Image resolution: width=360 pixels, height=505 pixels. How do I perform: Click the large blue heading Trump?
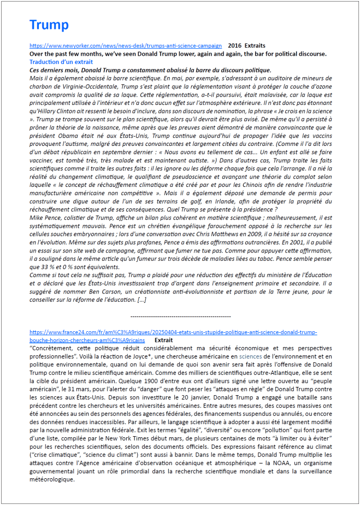tap(49, 25)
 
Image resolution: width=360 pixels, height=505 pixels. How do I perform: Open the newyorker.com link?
tap(126, 46)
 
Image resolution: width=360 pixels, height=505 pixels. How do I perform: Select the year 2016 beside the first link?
tap(234, 46)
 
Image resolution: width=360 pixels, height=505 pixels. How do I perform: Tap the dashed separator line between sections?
tap(181, 316)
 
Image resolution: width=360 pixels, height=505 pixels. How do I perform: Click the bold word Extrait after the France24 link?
tap(164, 339)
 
